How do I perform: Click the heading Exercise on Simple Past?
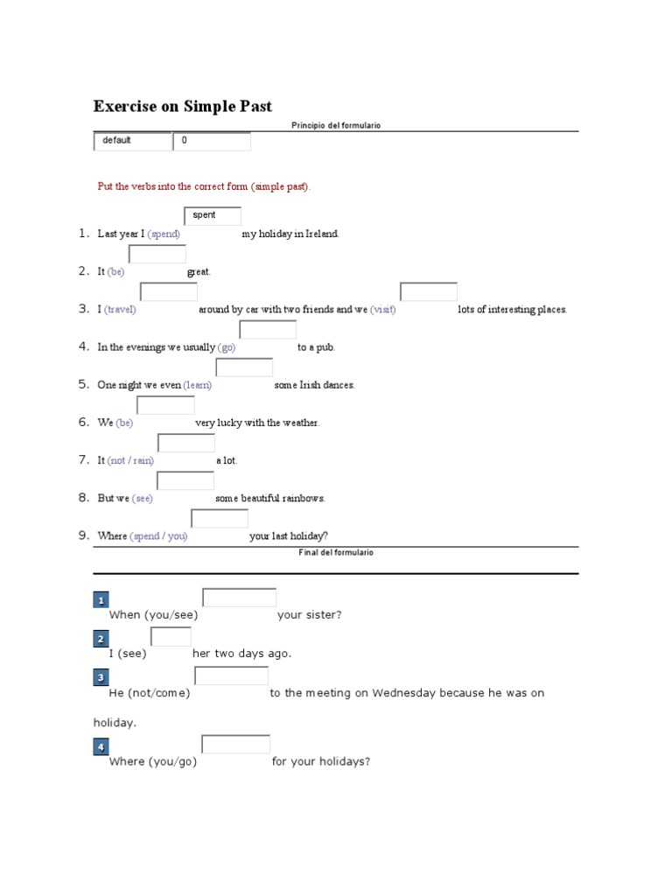point(183,107)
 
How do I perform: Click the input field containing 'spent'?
point(213,215)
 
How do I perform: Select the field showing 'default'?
point(132,141)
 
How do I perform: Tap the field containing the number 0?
point(212,141)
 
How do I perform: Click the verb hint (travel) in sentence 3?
point(120,310)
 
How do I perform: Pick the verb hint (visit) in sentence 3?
point(382,310)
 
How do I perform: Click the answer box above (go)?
point(268,330)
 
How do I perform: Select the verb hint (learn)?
point(197,385)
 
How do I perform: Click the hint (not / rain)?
point(130,461)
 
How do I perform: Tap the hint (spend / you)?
point(158,536)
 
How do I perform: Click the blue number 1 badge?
point(101,600)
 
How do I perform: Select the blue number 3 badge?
point(101,677)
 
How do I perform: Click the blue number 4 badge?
point(101,746)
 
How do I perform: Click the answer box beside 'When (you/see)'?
point(239,598)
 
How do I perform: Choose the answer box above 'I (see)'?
point(171,637)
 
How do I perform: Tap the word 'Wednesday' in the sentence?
point(403,693)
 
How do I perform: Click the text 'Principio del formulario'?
point(336,126)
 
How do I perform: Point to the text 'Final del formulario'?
point(336,553)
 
